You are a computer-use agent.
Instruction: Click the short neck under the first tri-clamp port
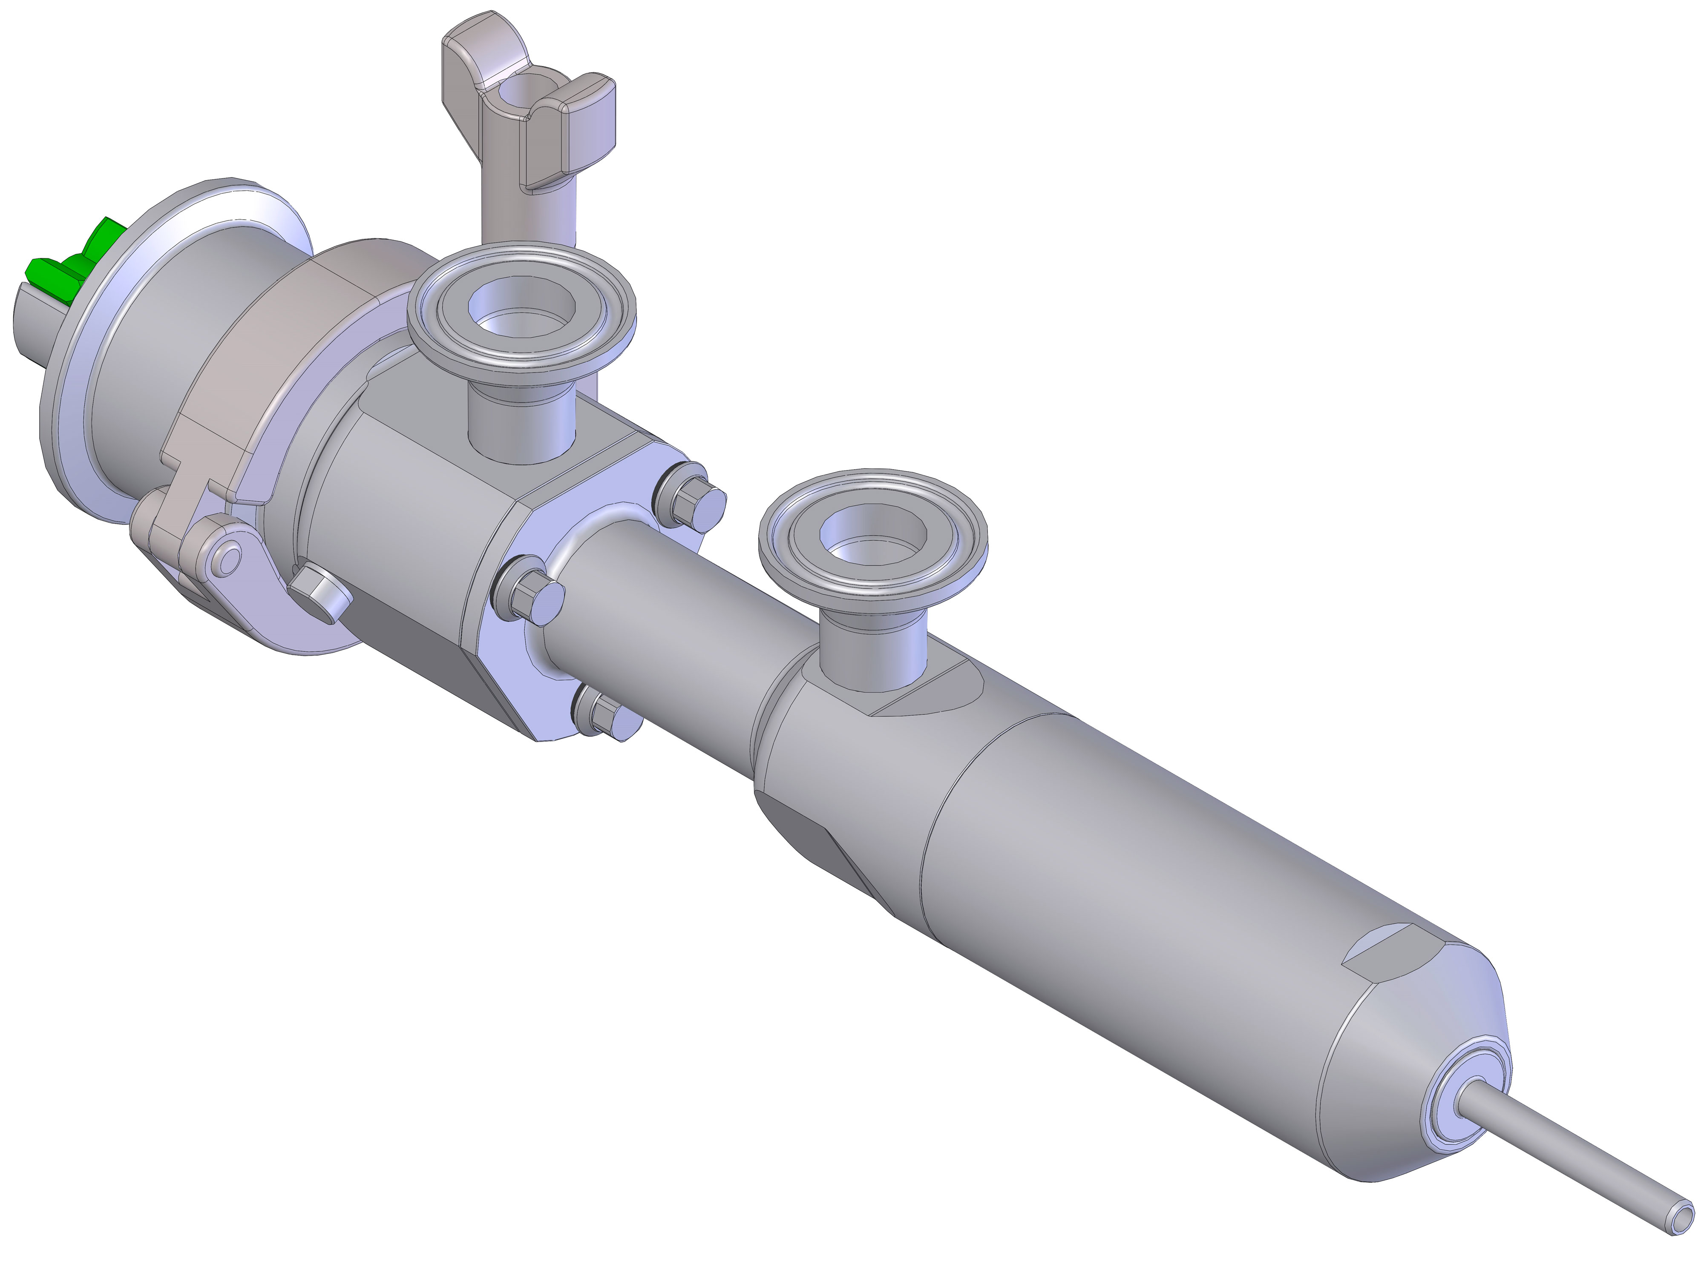point(520,422)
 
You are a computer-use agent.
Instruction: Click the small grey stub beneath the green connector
point(42,326)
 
